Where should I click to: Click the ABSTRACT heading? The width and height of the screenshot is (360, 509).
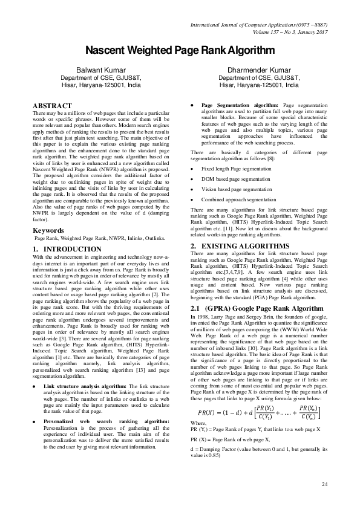51,105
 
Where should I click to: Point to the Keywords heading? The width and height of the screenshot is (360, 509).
48,230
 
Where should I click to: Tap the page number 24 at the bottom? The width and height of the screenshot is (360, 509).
324,484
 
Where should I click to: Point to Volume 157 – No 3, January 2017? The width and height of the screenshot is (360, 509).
287,32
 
